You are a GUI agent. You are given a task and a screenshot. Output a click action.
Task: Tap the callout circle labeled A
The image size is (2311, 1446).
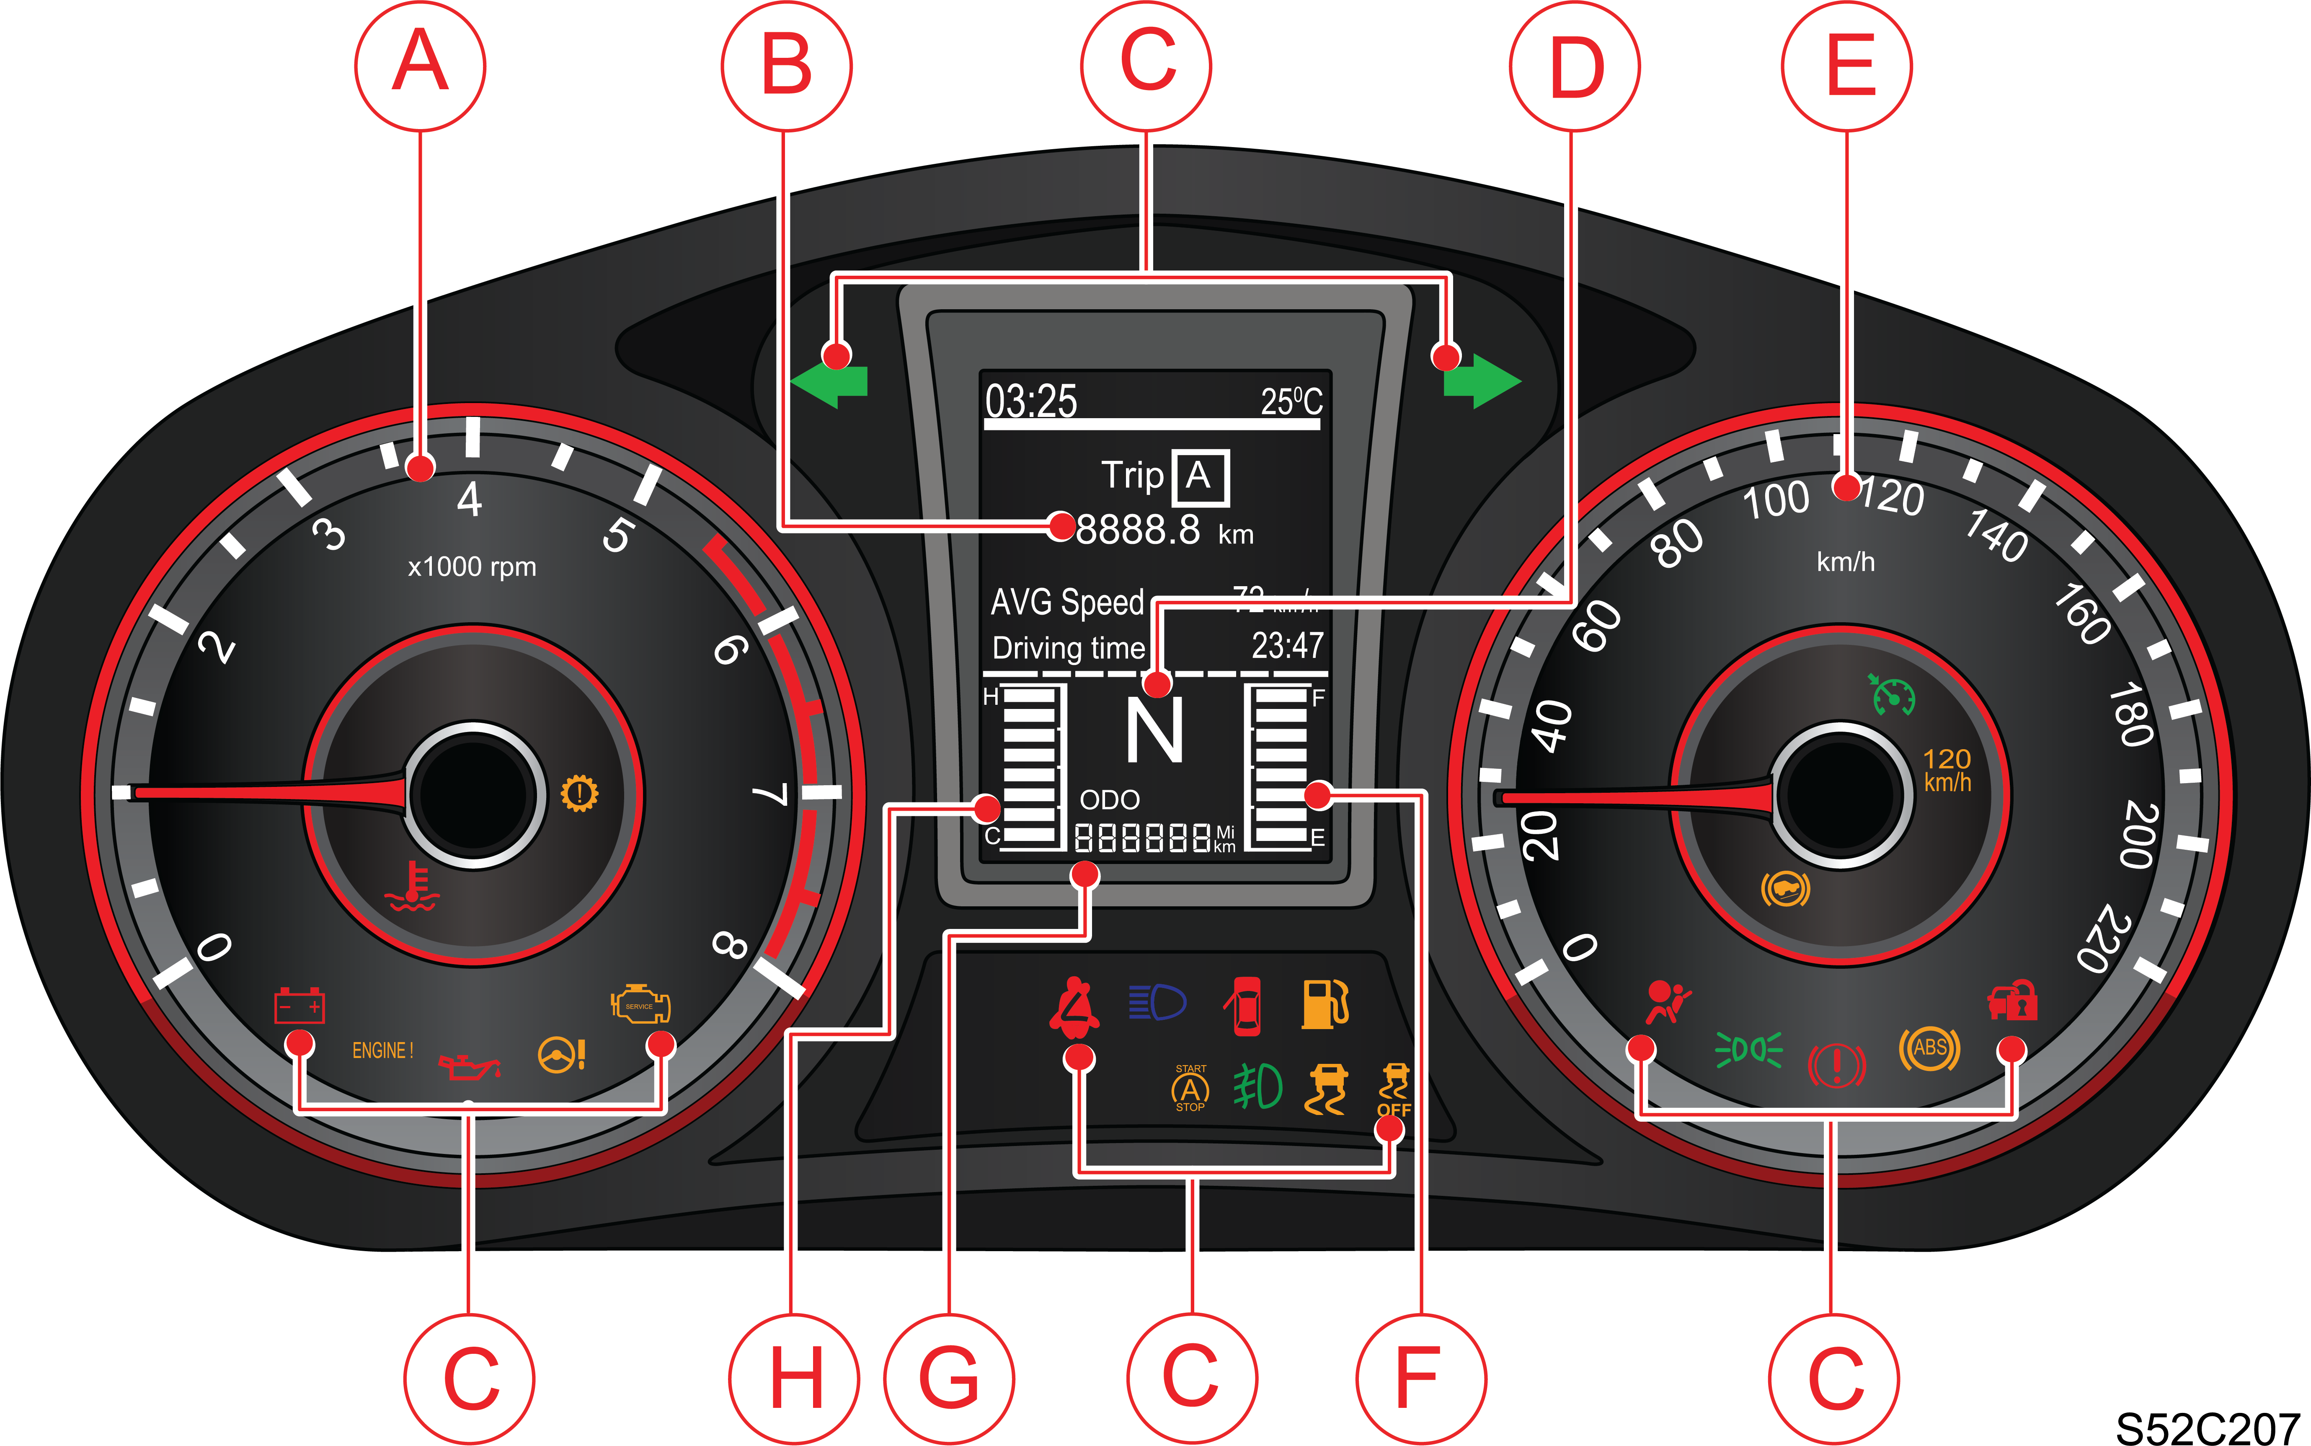click(x=421, y=65)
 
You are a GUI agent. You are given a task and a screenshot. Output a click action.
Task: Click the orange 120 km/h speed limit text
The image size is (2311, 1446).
click(x=1947, y=770)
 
